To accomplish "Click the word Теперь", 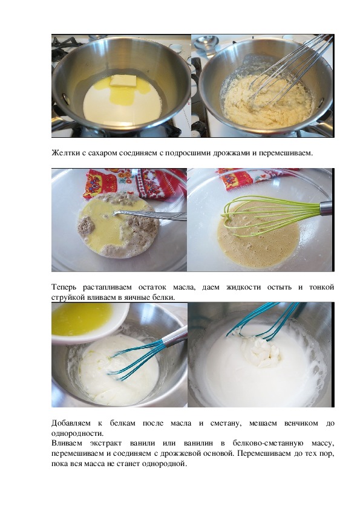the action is click(x=64, y=287).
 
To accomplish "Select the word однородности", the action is click(x=77, y=433).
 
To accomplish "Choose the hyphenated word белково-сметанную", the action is click(x=268, y=444).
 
